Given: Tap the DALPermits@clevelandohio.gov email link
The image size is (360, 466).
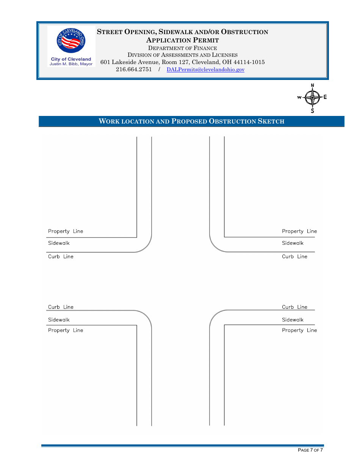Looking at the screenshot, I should (x=205, y=70).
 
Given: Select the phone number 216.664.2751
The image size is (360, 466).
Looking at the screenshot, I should (x=134, y=69).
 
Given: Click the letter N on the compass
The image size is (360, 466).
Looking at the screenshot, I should (x=312, y=86).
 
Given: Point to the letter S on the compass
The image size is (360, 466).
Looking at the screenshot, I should (x=312, y=111).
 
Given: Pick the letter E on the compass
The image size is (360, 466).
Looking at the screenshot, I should (x=325, y=97).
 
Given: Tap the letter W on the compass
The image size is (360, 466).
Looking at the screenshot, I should (x=299, y=98).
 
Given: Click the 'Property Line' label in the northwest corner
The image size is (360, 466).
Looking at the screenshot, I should (x=66, y=231).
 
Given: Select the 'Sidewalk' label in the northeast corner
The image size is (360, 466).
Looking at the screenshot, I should (x=293, y=243).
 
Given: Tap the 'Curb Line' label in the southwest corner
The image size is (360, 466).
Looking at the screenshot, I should (x=61, y=307).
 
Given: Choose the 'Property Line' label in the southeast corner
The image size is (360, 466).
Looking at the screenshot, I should (x=299, y=330).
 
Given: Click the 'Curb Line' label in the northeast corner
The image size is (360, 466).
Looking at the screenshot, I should (x=294, y=257).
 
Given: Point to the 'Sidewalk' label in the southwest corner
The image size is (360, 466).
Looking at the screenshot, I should (x=59, y=320).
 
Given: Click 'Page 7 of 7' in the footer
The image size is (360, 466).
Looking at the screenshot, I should (x=310, y=450).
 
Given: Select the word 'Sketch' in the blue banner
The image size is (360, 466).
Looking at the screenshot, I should (x=271, y=121).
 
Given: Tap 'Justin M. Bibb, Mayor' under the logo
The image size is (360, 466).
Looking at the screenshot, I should (x=71, y=64).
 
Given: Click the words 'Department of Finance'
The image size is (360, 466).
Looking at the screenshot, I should (x=182, y=48).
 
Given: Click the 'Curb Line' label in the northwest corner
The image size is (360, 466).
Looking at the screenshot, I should (x=61, y=257).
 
